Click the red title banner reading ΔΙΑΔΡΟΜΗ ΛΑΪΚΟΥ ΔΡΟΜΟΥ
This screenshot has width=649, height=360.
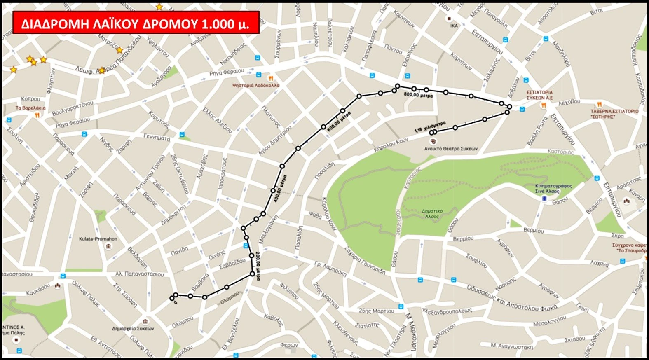[x=136, y=23]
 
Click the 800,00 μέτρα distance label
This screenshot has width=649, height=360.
[x=418, y=95]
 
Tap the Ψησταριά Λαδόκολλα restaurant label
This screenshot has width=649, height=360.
[x=255, y=85]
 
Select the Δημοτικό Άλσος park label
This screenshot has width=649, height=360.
[x=432, y=213]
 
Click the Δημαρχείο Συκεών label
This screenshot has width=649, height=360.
[x=133, y=328]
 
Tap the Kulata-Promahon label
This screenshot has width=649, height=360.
[x=98, y=239]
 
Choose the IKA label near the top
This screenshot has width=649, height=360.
[x=454, y=26]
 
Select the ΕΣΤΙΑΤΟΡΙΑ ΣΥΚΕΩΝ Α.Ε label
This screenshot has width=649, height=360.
[x=539, y=95]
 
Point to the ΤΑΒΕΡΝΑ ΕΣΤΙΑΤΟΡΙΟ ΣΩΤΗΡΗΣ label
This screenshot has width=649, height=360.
[x=614, y=114]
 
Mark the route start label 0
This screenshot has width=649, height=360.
[x=175, y=302]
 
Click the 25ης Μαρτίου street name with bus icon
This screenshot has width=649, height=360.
[x=377, y=311]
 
